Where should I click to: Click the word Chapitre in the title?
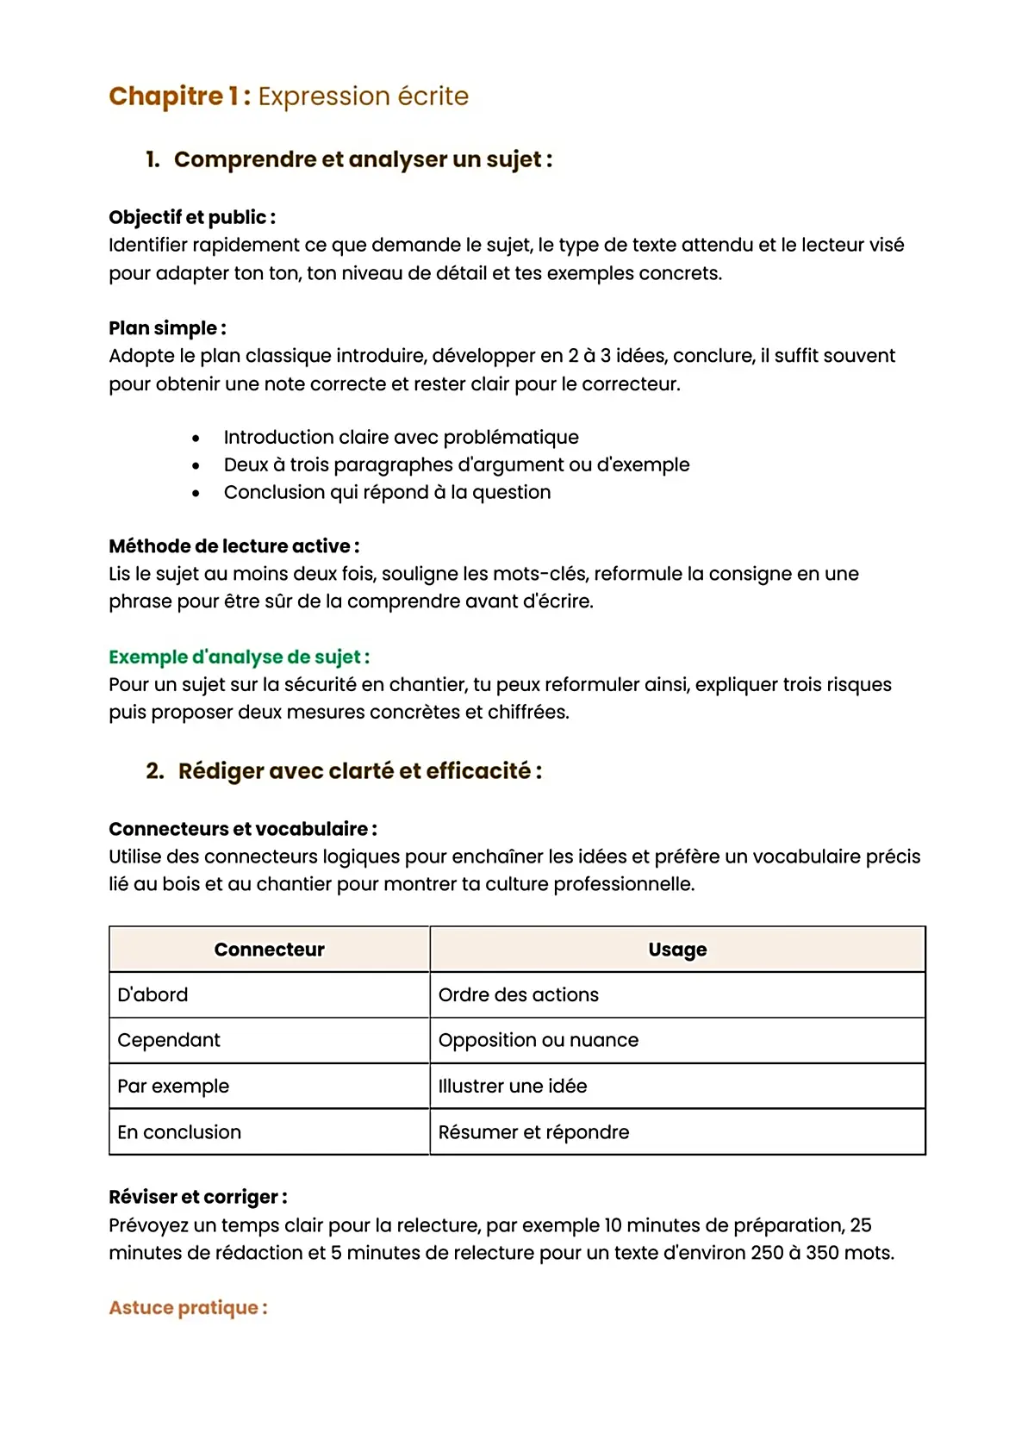tap(165, 96)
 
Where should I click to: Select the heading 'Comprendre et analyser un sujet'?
tap(362, 159)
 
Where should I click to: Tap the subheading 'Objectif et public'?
tap(191, 217)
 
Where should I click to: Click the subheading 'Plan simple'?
tap(167, 328)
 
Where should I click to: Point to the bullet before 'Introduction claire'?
tap(196, 439)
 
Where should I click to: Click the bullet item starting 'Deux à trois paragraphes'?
tap(456, 465)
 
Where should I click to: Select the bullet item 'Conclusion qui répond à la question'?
tap(387, 493)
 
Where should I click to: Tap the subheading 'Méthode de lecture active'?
tap(234, 546)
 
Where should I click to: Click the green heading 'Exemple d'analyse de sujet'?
tap(239, 657)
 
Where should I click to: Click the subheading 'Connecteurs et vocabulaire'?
tap(242, 829)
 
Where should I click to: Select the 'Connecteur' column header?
tap(269, 950)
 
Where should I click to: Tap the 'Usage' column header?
tap(677, 950)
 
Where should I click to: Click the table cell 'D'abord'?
tap(153, 995)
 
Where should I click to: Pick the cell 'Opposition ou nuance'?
tap(539, 1041)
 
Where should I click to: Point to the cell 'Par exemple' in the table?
tap(173, 1087)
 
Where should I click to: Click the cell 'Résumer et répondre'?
tap(533, 1132)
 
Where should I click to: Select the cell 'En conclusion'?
tap(179, 1132)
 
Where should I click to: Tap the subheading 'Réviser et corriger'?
tap(197, 1198)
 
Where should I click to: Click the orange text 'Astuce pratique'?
tap(188, 1308)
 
